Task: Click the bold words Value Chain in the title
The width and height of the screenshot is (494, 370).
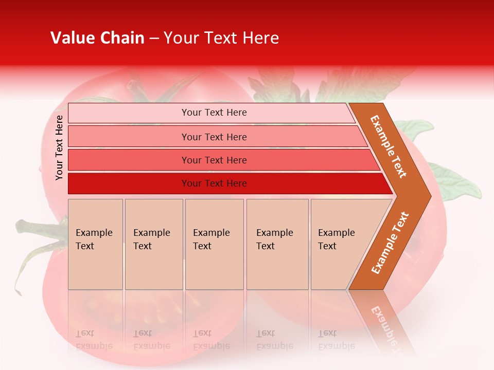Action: (97, 38)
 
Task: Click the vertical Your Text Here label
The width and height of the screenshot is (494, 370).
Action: (59, 147)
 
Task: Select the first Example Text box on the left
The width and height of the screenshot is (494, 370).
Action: (95, 244)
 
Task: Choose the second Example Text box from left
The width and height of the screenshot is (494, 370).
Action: (154, 244)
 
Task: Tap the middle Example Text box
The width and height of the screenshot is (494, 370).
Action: (214, 244)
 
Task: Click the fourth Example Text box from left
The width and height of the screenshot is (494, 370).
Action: (277, 244)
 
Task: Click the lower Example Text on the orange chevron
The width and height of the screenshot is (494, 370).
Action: (390, 243)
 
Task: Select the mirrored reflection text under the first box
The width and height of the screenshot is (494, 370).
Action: (94, 340)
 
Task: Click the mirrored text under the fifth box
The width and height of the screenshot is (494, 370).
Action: (336, 340)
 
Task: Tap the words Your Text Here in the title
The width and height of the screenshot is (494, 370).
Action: (221, 38)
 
